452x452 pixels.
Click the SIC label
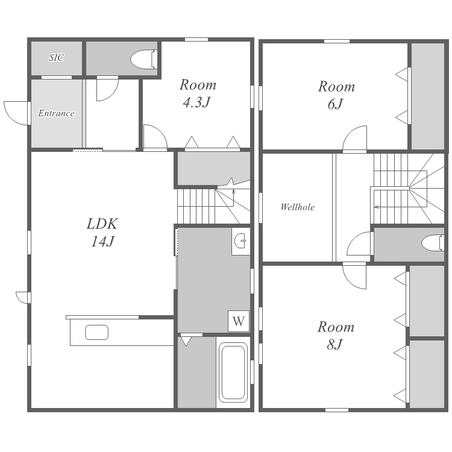pyautogui.click(x=56, y=58)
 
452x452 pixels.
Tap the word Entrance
pyautogui.click(x=56, y=113)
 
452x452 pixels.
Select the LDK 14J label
pyautogui.click(x=102, y=233)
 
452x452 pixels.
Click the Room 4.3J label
pyautogui.click(x=198, y=93)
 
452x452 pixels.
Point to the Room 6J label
pyautogui.click(x=336, y=95)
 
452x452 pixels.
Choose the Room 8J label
pyautogui.click(x=336, y=335)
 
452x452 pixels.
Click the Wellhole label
pyautogui.click(x=298, y=207)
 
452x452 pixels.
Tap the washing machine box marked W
pyautogui.click(x=239, y=321)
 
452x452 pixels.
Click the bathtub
pyautogui.click(x=233, y=372)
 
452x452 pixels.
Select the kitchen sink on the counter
pyautogui.click(x=97, y=332)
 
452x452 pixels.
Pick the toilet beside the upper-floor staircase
pyautogui.click(x=433, y=243)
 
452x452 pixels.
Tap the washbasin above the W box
pyautogui.click(x=240, y=240)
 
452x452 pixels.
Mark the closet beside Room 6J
pyautogui.click(x=427, y=96)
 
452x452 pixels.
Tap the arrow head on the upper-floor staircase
pyautogui.click(x=376, y=207)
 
